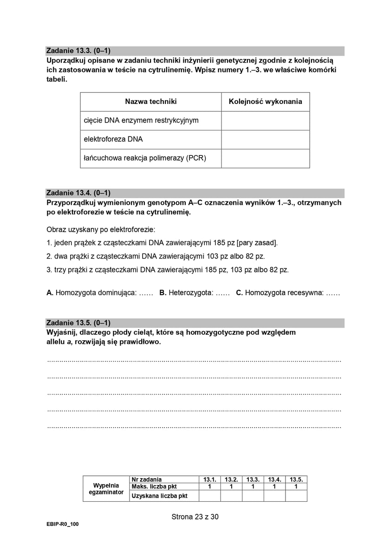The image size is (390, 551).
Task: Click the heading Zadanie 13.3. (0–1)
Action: pyautogui.click(x=78, y=51)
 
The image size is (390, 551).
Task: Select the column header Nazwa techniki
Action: pyautogui.click(x=151, y=102)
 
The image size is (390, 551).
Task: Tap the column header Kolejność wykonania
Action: pyautogui.click(x=266, y=102)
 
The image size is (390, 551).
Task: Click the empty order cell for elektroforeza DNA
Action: pyautogui.click(x=266, y=139)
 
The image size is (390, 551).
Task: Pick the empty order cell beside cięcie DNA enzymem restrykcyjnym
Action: pyautogui.click(x=266, y=121)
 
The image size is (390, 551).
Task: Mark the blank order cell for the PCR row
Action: pyautogui.click(x=266, y=158)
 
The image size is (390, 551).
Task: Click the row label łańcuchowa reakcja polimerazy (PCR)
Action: pyautogui.click(x=145, y=158)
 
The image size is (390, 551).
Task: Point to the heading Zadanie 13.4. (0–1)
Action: pyautogui.click(x=78, y=193)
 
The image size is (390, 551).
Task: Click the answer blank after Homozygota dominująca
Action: pyautogui.click(x=146, y=293)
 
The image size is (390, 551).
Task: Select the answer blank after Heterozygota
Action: pyautogui.click(x=223, y=293)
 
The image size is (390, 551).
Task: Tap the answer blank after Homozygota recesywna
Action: pyautogui.click(x=333, y=293)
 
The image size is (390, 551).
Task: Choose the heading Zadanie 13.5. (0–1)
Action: pyautogui.click(x=78, y=323)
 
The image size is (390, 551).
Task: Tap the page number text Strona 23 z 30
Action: pyautogui.click(x=195, y=517)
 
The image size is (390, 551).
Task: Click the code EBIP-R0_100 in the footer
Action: pyautogui.click(x=63, y=524)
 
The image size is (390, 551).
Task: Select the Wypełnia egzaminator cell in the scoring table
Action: pyautogui.click(x=106, y=489)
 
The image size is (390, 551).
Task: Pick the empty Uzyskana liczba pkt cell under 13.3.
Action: pyautogui.click(x=253, y=496)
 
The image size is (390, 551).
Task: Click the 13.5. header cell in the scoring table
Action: pyautogui.click(x=296, y=480)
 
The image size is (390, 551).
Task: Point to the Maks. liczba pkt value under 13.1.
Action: pyautogui.click(x=210, y=486)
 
